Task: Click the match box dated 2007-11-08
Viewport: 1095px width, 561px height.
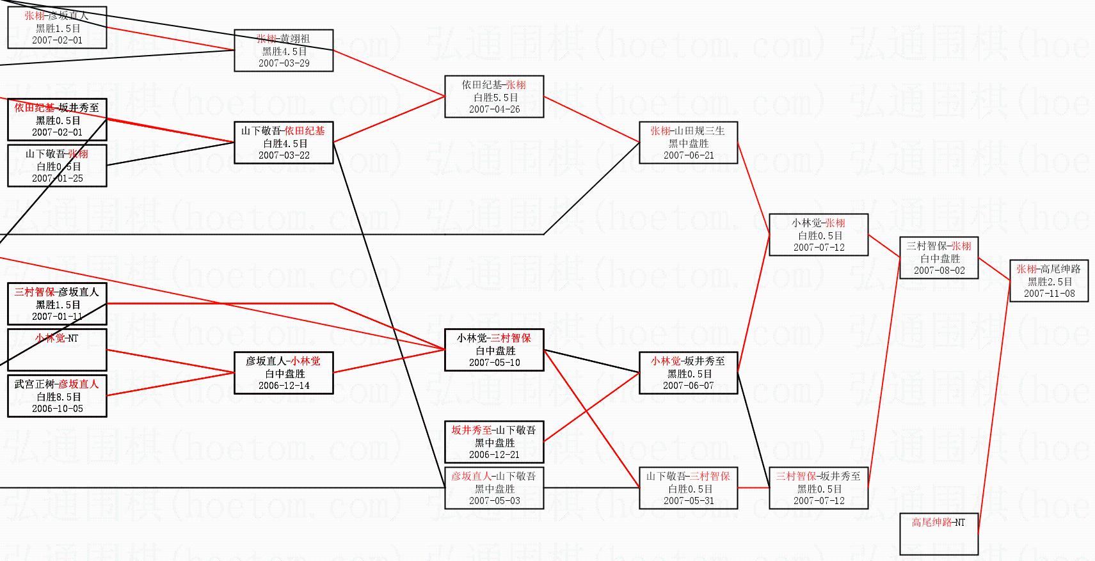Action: (1049, 281)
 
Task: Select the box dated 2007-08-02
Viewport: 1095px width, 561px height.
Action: (939, 258)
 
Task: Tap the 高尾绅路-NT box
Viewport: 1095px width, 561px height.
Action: (939, 533)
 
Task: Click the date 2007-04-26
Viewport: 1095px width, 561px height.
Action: (494, 109)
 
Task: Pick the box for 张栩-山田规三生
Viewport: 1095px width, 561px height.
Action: (688, 143)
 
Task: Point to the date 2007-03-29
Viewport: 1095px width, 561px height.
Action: (284, 63)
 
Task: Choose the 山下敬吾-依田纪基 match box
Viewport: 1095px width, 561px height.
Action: (284, 143)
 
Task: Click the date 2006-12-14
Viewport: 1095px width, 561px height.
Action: (284, 386)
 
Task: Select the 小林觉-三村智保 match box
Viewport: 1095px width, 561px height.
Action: (494, 350)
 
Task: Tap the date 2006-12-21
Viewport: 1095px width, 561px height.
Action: (494, 455)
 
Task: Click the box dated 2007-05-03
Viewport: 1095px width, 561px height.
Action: (494, 488)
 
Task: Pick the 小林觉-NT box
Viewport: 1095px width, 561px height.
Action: (57, 349)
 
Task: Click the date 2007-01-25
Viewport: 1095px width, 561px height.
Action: (57, 178)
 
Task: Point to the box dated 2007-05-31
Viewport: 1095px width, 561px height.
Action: (688, 488)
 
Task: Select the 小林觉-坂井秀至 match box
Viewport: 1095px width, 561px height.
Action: (688, 373)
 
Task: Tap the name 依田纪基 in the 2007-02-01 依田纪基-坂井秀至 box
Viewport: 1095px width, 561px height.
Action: (34, 108)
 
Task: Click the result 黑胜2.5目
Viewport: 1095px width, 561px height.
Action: (1050, 281)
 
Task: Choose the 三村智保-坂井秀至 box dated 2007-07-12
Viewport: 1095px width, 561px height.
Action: (819, 488)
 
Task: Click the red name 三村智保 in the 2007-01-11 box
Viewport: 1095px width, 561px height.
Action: (35, 292)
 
